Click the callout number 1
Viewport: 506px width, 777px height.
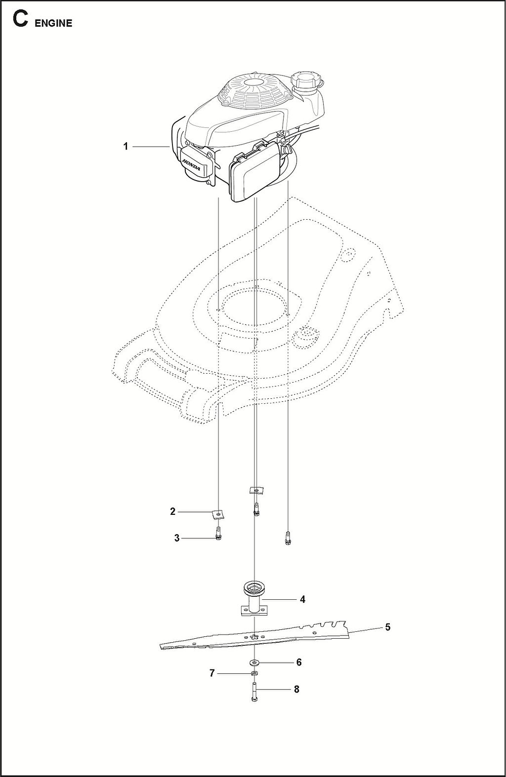[126, 147]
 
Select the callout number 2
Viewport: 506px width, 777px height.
[172, 511]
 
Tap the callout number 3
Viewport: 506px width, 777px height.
[177, 538]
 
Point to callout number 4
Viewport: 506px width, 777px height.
[302, 599]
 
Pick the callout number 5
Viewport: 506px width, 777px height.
[387, 627]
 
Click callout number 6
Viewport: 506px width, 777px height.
[298, 662]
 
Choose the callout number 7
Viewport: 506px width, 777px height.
[212, 673]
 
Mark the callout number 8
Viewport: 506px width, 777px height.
[296, 689]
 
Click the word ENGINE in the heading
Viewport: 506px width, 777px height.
[53, 23]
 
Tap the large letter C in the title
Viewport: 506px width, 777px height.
[20, 19]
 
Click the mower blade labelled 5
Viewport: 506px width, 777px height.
[254, 636]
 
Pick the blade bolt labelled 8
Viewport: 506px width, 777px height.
[254, 692]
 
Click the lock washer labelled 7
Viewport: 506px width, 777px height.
[254, 674]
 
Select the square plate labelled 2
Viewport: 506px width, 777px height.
[218, 514]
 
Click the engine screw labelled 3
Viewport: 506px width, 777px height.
[218, 533]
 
